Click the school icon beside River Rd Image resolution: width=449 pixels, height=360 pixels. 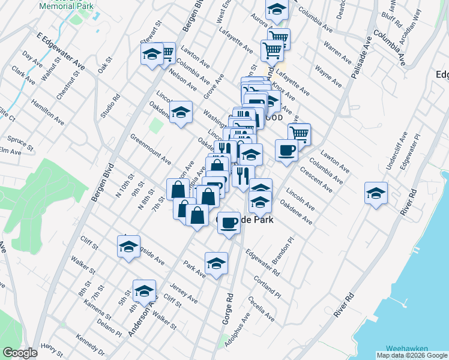click(x=376, y=193)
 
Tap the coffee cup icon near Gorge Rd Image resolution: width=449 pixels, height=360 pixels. click(x=228, y=223)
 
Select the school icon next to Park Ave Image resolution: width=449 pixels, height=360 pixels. click(x=216, y=263)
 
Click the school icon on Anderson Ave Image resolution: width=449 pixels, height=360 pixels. click(x=144, y=290)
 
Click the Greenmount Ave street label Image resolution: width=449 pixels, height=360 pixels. click(x=151, y=149)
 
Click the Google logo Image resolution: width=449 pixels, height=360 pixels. click(x=19, y=353)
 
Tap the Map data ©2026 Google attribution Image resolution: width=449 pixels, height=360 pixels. click(x=411, y=355)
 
